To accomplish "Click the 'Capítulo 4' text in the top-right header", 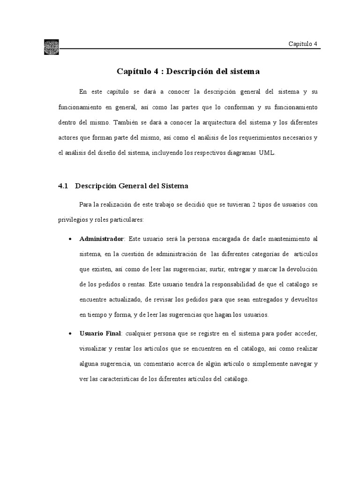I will pos(303,44).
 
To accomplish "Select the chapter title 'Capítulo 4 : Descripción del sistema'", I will pos(187,72).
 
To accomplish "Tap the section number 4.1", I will pos(63,186).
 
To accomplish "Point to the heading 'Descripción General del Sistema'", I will pos(132,186).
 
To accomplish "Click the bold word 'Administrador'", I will pos(102,239).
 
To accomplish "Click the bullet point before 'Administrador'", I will pos(70,240).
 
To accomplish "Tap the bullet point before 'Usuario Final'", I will pos(70,334).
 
